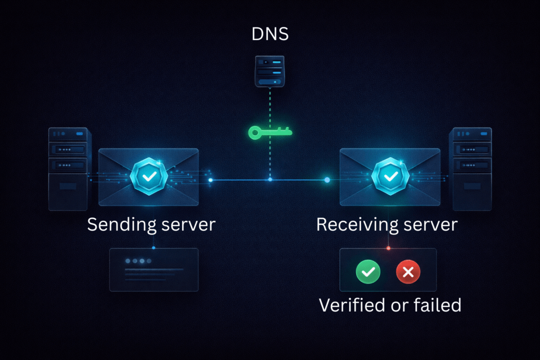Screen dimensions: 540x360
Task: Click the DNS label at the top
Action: click(x=270, y=34)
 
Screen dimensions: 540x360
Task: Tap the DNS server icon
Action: click(x=269, y=72)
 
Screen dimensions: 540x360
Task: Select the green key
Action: click(x=270, y=132)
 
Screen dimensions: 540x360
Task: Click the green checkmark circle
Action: click(x=368, y=272)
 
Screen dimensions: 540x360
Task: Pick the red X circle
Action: click(x=408, y=272)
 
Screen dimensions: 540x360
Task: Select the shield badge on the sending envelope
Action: click(x=149, y=176)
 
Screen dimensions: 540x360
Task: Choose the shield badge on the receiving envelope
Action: click(x=390, y=176)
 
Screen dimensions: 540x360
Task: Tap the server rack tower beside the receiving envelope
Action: click(x=470, y=169)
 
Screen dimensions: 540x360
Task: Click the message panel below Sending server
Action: click(x=153, y=270)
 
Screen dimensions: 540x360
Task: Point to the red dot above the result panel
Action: click(x=389, y=248)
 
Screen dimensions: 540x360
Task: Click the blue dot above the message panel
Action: click(x=153, y=248)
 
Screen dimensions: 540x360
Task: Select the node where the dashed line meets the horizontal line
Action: click(x=270, y=180)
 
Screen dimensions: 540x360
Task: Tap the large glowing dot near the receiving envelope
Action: click(x=327, y=180)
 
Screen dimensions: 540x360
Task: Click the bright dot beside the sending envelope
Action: click(x=210, y=180)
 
